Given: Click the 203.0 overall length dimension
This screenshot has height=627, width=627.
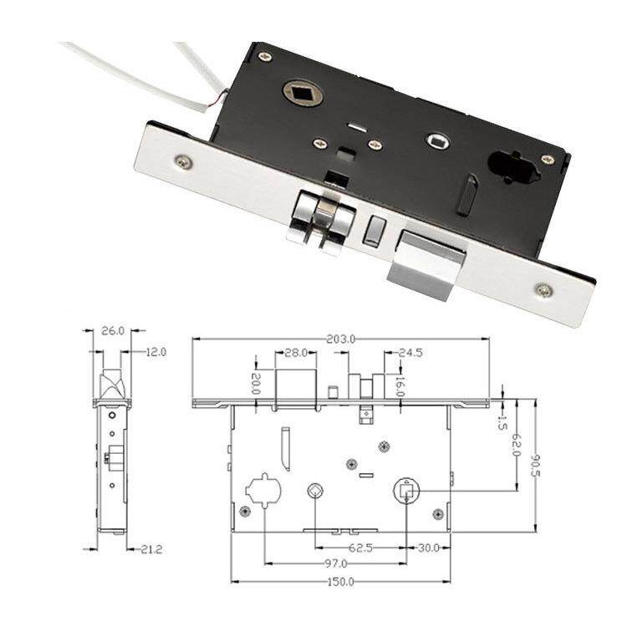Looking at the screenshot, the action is pos(340,339).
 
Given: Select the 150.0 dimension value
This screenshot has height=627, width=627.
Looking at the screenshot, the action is pos(341,582).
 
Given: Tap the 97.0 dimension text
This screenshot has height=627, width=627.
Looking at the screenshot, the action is pos(335,563).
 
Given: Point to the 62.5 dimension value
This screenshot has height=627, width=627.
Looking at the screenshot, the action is pos(360,548).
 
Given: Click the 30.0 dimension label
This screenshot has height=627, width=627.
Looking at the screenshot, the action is pos(428,548).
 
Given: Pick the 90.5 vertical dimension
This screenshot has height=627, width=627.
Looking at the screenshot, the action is pos(535,466).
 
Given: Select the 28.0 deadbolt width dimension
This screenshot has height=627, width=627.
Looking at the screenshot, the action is pos(295,353).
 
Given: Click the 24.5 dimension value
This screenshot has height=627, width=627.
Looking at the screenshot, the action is pos(410,353).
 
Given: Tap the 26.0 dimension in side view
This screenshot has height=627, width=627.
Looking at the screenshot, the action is pos(113,331).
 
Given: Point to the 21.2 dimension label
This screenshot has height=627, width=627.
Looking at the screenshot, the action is pos(152,549).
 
